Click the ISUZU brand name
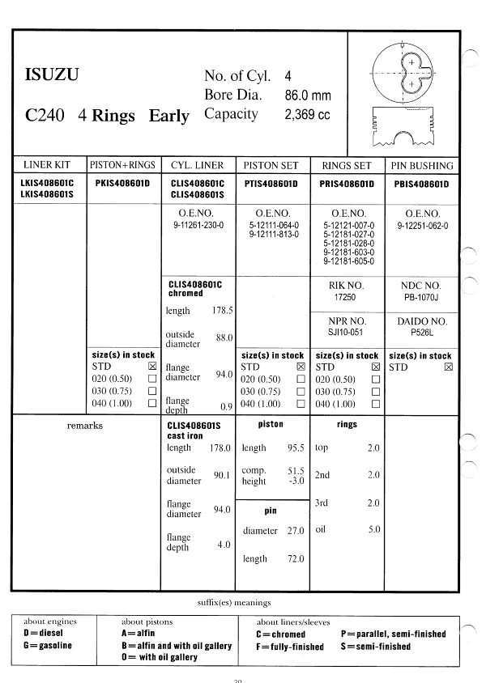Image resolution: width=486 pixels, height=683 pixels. (51, 77)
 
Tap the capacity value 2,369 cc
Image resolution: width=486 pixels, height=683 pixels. (307, 115)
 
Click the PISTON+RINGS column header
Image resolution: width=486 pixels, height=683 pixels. (123, 165)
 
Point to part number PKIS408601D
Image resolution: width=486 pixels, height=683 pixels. (122, 184)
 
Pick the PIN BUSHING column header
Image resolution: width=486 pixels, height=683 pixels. (421, 165)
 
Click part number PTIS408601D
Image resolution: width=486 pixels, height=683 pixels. (271, 184)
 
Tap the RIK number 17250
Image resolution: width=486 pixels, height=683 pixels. (346, 297)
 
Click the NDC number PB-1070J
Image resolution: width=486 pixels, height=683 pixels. (421, 297)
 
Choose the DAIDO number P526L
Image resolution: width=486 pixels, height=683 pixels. (421, 332)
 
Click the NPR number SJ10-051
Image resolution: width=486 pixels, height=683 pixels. (346, 332)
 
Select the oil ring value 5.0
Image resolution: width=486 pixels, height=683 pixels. (373, 530)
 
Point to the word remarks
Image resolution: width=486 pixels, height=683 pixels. (84, 425)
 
